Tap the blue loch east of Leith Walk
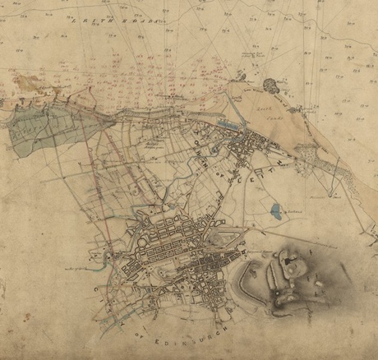coord(274,210)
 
